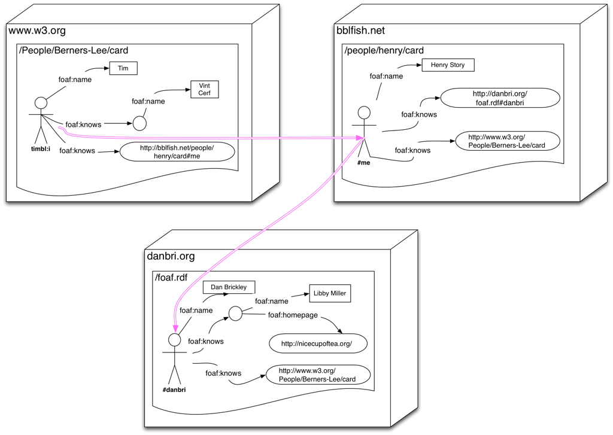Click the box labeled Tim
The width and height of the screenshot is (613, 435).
point(123,68)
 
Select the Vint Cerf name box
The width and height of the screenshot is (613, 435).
point(204,90)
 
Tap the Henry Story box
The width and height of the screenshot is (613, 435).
point(447,65)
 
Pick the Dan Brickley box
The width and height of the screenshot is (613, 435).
point(229,287)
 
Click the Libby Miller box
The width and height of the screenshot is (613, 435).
point(329,294)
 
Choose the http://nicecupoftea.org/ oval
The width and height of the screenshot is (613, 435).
point(316,343)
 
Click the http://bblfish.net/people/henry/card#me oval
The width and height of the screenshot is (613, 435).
point(177,152)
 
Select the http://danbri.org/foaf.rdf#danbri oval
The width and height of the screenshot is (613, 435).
point(499,98)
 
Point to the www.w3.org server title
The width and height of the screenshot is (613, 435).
point(37,31)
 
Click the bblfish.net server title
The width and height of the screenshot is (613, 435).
point(360,31)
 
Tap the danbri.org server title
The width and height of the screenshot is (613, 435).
point(171,257)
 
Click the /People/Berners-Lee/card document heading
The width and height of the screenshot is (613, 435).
point(74,51)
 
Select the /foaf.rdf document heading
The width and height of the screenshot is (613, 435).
point(171,278)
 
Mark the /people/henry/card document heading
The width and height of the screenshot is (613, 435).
point(384,51)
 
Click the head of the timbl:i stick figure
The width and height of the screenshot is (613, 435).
point(41,102)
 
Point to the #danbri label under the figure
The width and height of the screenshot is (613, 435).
point(174,390)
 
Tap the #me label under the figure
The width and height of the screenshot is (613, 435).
point(363,163)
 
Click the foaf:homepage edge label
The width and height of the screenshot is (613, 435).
point(293,315)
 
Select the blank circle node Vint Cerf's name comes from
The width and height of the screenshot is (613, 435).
point(139,124)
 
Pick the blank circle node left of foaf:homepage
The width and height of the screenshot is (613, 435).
point(235,313)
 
